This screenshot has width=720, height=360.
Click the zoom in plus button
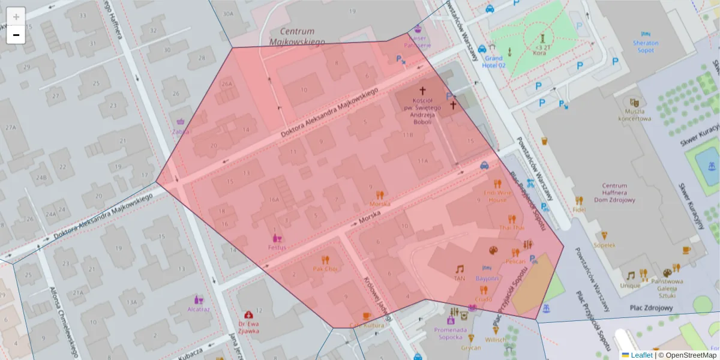click(16, 17)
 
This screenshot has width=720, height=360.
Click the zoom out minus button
click(16, 35)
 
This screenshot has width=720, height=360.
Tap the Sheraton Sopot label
click(646, 47)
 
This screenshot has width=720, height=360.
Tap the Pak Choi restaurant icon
click(325, 260)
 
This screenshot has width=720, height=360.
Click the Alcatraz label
click(199, 310)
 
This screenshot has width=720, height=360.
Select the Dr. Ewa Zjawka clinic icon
click(248, 314)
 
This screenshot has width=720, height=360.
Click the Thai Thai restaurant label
click(511, 228)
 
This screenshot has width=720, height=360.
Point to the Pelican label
click(515, 262)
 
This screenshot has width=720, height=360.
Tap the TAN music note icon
click(460, 269)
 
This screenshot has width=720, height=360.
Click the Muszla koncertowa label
click(638, 115)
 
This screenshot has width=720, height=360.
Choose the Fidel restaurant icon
click(579, 201)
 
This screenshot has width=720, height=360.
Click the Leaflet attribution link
click(641, 355)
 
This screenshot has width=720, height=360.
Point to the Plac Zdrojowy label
click(652, 308)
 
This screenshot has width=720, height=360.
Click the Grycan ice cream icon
click(471, 338)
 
